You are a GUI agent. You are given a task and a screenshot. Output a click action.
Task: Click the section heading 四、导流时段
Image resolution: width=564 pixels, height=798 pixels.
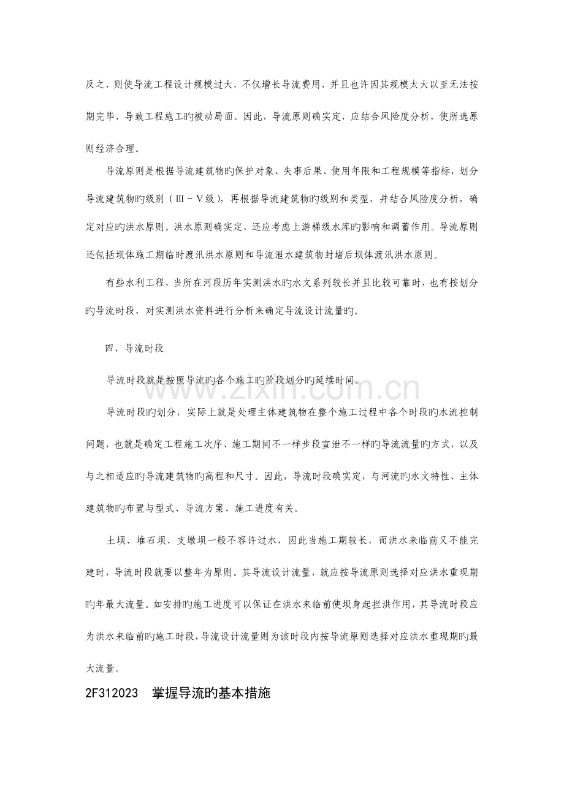[133, 349]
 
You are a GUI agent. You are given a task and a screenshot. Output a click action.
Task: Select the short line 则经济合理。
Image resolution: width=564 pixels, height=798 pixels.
[113, 148]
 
